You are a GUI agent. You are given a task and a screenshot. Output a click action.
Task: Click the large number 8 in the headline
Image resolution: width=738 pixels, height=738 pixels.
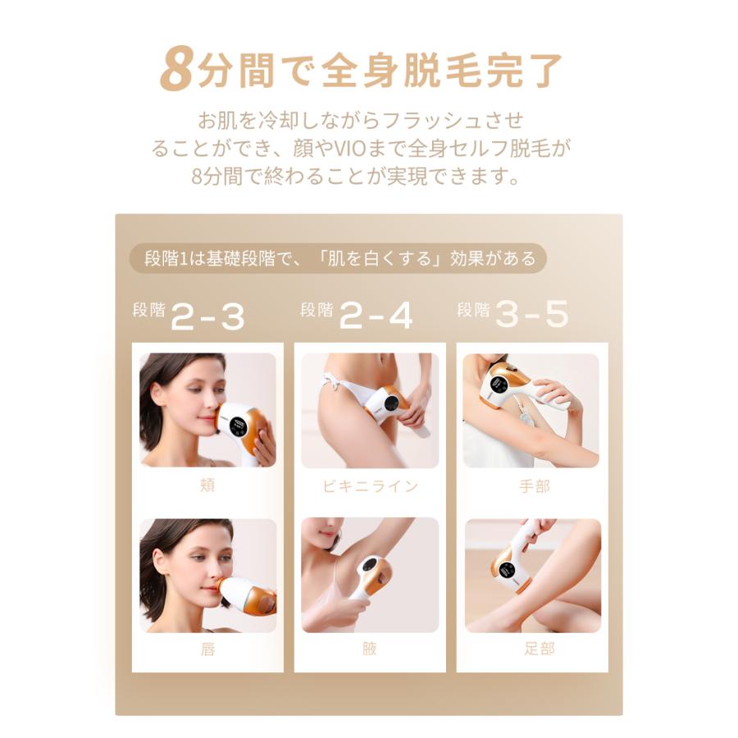point(176,70)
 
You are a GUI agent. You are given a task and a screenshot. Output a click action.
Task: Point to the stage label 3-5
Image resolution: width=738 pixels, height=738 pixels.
point(533,316)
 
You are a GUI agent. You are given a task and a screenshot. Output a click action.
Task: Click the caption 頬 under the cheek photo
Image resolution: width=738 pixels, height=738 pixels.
point(207,485)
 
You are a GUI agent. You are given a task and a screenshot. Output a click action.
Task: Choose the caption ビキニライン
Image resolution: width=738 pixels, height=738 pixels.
point(370,485)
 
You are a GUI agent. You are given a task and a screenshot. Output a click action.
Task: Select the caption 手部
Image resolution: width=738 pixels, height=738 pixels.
point(535,485)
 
